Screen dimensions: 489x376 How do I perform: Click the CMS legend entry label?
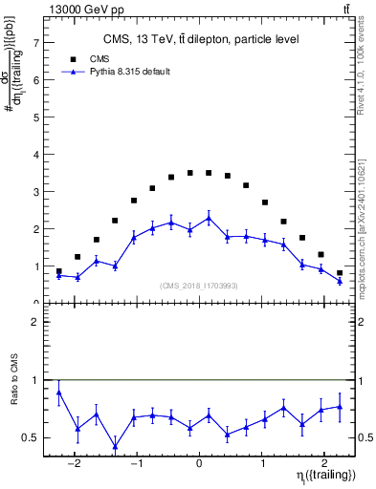(x=85, y=58)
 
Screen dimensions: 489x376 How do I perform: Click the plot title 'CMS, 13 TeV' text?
(x=200, y=39)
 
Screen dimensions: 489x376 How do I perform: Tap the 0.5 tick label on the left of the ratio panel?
(x=33, y=437)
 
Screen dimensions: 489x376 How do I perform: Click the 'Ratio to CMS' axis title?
(x=15, y=393)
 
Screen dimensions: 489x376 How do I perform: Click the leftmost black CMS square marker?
(x=59, y=271)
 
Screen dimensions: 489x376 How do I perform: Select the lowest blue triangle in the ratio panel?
(x=115, y=446)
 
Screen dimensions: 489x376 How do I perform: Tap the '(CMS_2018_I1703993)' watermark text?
(x=199, y=285)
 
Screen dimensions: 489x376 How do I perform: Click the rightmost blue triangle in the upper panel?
(x=340, y=281)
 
